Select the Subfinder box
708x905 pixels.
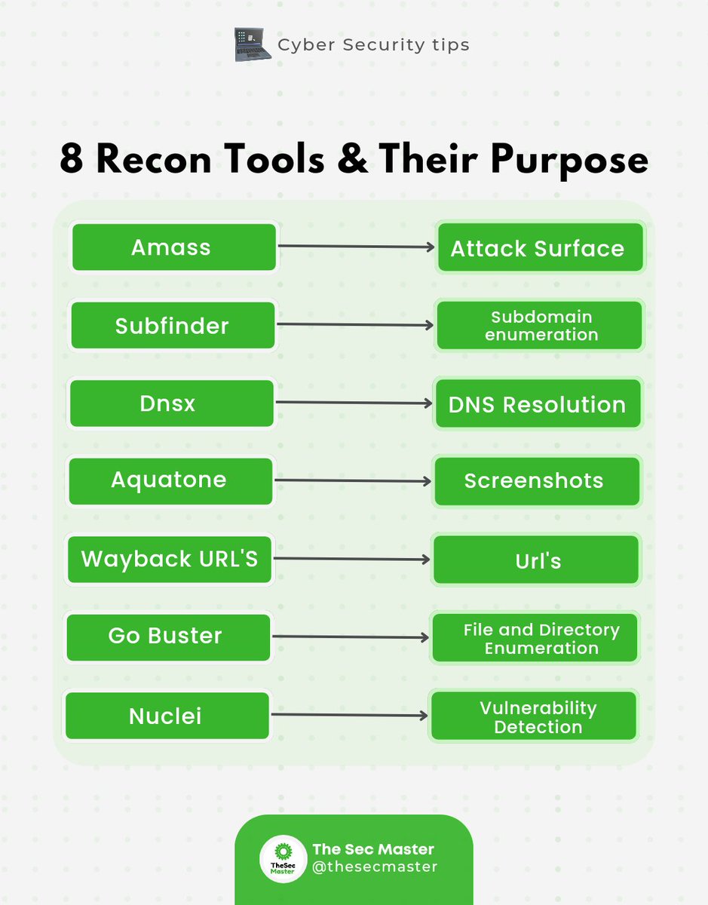click(173, 326)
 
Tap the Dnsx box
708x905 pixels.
click(171, 403)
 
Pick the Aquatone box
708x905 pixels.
click(170, 480)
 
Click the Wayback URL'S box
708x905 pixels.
click(170, 559)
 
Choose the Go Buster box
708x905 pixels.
click(168, 637)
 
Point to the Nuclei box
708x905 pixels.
click(167, 715)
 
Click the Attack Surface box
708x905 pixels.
click(540, 247)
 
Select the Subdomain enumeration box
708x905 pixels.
click(540, 325)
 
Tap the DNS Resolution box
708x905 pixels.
click(538, 404)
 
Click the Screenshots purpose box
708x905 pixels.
click(536, 481)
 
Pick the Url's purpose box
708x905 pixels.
click(536, 560)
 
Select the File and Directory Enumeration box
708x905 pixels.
click(535, 638)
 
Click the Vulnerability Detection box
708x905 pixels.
click(533, 716)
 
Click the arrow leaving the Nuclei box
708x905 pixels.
click(348, 715)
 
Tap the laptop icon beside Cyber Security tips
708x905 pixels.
click(251, 44)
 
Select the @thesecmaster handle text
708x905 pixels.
click(375, 867)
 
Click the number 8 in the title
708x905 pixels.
click(74, 159)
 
